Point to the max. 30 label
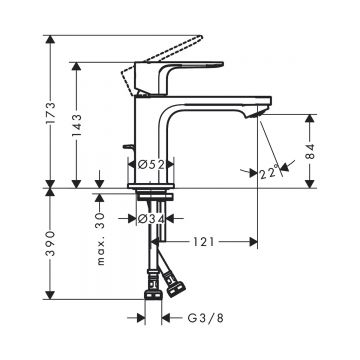(x=99, y=220)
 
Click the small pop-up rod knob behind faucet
(x=127, y=153)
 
